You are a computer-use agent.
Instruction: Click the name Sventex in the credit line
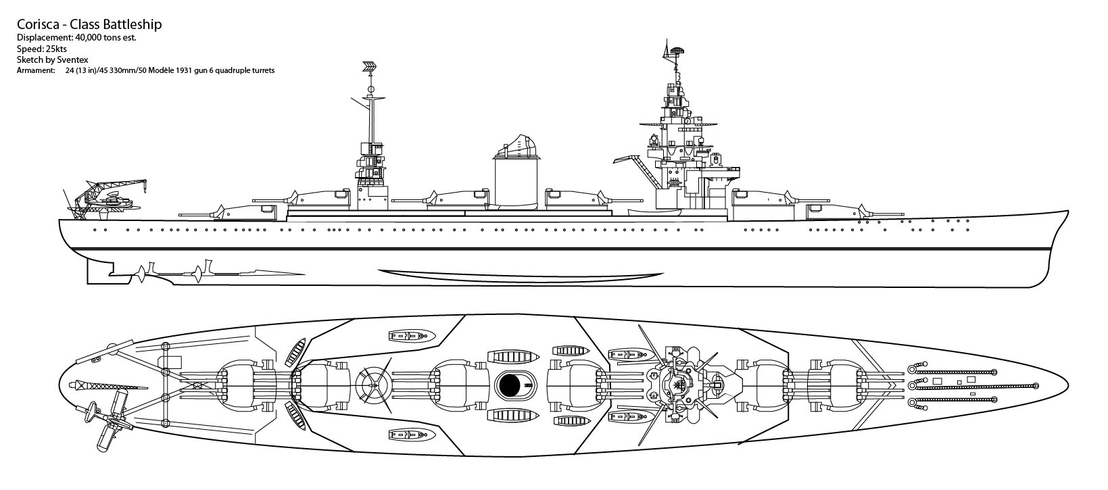(70, 59)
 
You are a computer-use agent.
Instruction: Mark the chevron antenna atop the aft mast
(370, 67)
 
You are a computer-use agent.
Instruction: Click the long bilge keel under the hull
(521, 274)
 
